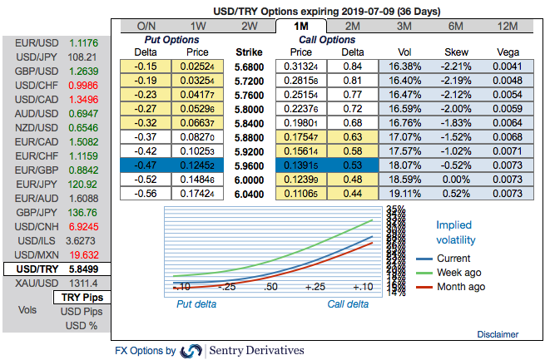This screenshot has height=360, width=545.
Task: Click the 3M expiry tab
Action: click(x=404, y=26)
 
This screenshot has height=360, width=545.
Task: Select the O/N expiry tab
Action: click(x=146, y=26)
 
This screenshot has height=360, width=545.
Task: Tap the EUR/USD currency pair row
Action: click(x=55, y=42)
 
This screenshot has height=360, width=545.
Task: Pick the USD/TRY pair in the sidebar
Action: click(x=55, y=269)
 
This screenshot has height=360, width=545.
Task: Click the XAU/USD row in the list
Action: click(x=55, y=284)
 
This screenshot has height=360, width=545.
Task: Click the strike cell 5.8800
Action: click(x=250, y=136)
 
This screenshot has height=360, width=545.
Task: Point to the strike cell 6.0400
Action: click(x=250, y=193)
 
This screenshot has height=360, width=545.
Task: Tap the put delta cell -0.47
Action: click(x=145, y=165)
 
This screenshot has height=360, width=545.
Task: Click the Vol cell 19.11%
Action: click(x=404, y=193)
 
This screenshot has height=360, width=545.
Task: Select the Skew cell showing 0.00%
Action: click(x=457, y=179)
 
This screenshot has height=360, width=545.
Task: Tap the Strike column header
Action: click(x=250, y=52)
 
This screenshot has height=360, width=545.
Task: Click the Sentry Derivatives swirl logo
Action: click(x=191, y=351)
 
